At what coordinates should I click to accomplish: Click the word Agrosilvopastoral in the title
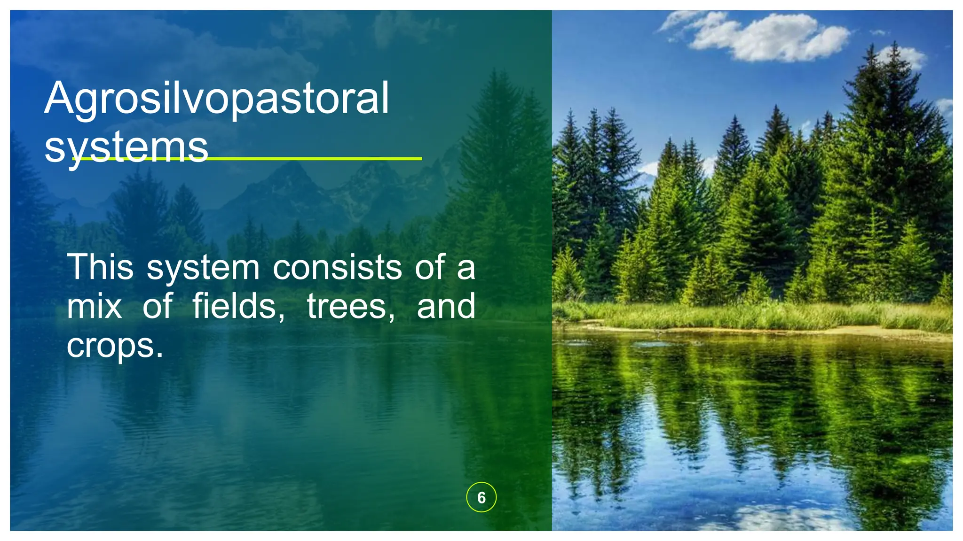pyautogui.click(x=217, y=99)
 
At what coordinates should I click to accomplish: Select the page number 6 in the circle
pyautogui.click(x=481, y=497)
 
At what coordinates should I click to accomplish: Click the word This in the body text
pyautogui.click(x=100, y=267)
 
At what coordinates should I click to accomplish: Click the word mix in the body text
pyautogui.click(x=95, y=307)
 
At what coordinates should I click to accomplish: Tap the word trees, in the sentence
pyautogui.click(x=351, y=307)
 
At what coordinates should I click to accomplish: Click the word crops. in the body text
pyautogui.click(x=115, y=346)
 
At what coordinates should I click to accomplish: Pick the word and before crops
pyautogui.click(x=446, y=307)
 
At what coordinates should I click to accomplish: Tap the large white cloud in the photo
pyautogui.click(x=771, y=38)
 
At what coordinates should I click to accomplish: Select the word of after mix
pyautogui.click(x=158, y=307)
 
